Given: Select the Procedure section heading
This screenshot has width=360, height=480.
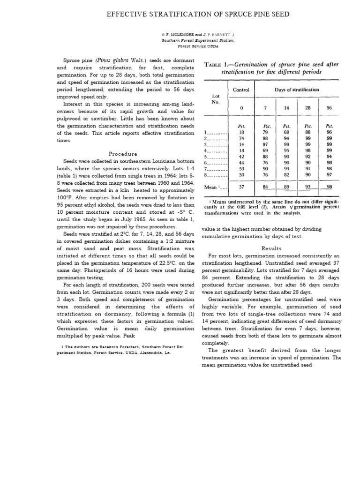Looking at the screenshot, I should click(x=123, y=154).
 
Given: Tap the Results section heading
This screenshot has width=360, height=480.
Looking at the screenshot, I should click(x=271, y=248).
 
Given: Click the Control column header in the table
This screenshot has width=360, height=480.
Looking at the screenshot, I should click(x=241, y=90).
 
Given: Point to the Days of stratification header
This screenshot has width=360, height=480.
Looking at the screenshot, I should click(x=297, y=90).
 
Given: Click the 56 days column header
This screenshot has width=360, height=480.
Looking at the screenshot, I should click(x=329, y=108).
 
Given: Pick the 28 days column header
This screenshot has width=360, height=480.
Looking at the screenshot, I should click(x=308, y=108).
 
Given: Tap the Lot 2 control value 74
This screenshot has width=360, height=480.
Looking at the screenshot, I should click(x=241, y=139).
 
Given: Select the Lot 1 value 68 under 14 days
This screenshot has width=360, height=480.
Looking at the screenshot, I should click(x=286, y=132).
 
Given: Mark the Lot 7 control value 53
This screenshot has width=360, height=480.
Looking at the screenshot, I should click(x=241, y=168).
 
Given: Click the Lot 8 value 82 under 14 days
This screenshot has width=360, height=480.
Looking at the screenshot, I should click(x=286, y=175).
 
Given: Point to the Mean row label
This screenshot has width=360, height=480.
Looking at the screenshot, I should click(x=213, y=187).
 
